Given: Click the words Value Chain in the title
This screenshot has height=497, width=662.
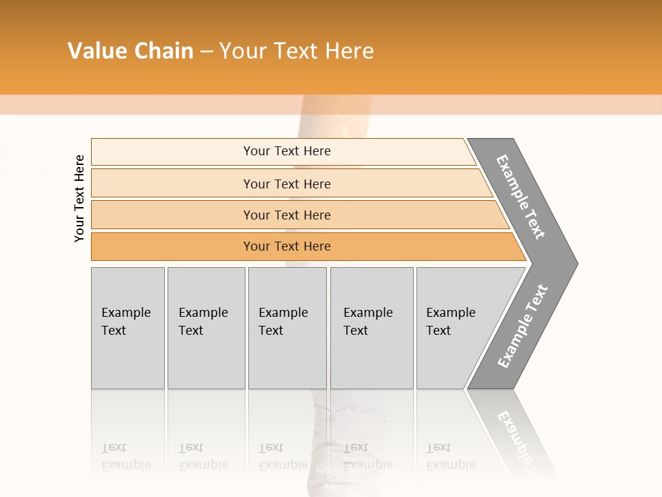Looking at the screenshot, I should tap(130, 51).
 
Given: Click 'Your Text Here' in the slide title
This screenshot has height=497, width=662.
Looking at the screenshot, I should tap(297, 51).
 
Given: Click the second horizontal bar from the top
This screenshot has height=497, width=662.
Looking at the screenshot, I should tap(287, 184).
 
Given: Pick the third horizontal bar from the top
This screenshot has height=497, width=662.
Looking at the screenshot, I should tap(287, 215).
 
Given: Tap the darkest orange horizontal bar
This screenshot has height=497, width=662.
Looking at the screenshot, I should tap(287, 246).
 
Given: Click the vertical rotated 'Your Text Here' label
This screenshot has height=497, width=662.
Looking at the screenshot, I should tap(79, 198).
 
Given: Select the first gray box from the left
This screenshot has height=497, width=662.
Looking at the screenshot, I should tap(128, 328).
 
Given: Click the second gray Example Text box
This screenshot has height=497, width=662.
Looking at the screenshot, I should tap(205, 328).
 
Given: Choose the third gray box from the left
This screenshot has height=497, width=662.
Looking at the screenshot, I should tap(287, 328).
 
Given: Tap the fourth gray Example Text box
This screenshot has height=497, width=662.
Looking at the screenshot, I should tap(371, 328).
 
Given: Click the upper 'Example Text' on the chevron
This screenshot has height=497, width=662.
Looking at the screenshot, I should tap(521, 197).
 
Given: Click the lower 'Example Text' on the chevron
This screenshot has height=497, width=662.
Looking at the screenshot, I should tap(523, 327).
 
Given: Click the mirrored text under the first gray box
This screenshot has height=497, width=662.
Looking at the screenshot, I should tap(126, 456).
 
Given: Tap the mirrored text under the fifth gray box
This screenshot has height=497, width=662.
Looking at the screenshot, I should tap(451, 456).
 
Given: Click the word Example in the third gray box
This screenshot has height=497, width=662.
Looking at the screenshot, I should tap(283, 313).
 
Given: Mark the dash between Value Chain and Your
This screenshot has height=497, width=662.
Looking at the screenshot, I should tap(206, 52).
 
